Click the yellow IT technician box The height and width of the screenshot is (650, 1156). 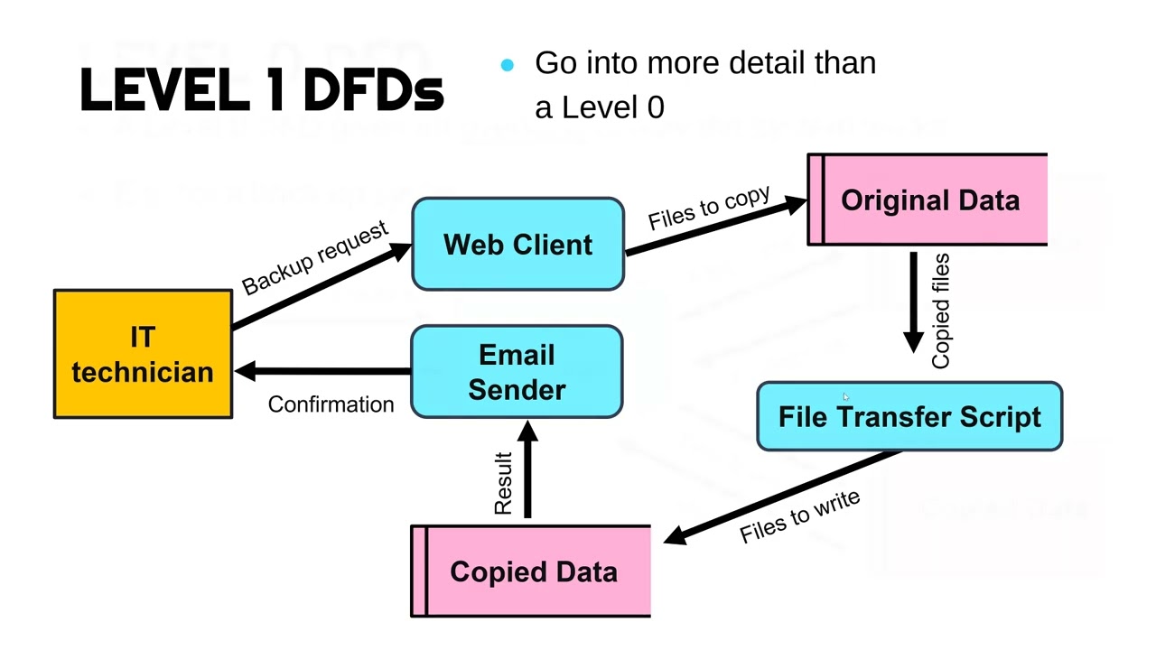143,354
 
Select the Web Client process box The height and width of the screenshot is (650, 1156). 517,245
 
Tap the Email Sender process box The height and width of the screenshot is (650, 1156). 517,372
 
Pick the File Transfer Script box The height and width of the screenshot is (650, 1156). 909,416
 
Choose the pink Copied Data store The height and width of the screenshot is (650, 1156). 532,571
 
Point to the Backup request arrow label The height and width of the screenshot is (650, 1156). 315,258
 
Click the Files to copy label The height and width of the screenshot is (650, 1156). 709,208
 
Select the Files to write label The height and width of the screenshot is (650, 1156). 799,517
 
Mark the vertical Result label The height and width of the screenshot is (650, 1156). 503,484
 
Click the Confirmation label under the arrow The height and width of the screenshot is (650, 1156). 331,404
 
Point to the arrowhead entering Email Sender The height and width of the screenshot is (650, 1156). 528,431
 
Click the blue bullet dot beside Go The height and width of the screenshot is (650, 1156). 507,64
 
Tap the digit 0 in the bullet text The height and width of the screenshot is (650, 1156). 655,107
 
